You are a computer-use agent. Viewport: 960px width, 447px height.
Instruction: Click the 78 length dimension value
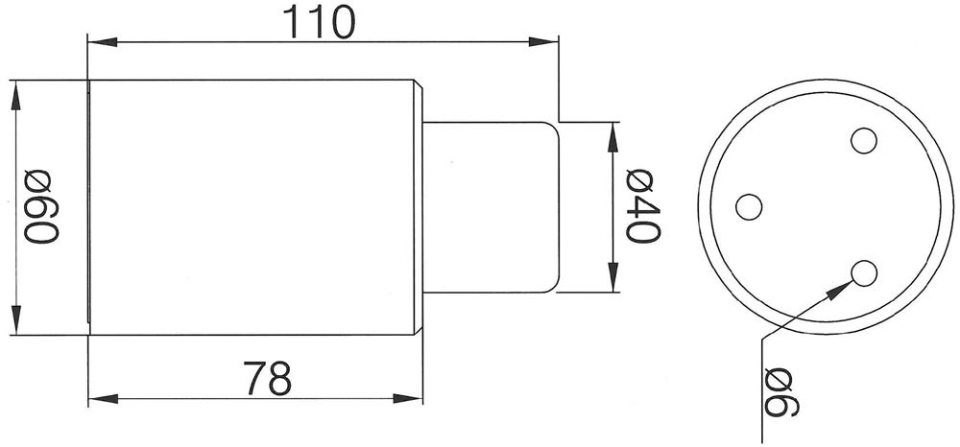268,379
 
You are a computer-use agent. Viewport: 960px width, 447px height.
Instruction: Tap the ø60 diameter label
41,206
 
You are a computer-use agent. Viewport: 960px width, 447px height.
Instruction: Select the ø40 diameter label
643,206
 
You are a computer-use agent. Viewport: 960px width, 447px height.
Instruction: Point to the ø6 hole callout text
782,392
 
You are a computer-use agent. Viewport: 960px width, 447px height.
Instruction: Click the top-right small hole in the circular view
864,141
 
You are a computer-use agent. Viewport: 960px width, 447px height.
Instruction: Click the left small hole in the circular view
749,206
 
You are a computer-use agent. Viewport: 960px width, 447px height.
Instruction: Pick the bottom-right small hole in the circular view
864,272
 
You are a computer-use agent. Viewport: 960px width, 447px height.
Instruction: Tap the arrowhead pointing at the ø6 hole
840,290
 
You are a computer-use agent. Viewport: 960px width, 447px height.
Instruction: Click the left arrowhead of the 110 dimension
103,42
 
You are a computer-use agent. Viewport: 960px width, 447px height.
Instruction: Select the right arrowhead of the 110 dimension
543,42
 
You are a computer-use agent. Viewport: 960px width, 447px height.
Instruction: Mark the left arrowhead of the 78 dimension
103,399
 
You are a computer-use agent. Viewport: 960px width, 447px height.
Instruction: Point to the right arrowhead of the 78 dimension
408,399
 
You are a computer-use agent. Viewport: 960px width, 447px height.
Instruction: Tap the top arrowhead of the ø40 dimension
612,137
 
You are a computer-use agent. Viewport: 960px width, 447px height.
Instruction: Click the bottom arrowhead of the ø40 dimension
612,277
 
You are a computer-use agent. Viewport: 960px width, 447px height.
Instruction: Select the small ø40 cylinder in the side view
491,207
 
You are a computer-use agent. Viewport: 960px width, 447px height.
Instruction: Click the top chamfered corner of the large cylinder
419,84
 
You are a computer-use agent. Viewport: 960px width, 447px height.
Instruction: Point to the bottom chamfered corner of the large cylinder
419,330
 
